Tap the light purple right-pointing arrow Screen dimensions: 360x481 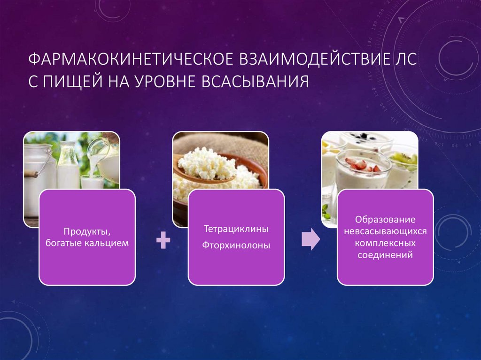point(310,240)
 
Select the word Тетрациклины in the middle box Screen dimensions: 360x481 point(236,230)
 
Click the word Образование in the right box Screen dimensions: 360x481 point(385,220)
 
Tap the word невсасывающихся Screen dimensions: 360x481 point(385,232)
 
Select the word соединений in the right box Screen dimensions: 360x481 point(385,256)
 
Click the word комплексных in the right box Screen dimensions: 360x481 point(385,244)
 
